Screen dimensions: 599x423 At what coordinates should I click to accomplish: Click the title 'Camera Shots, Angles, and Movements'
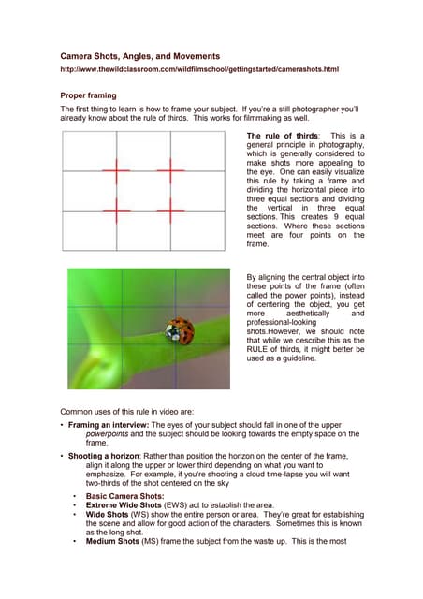click(x=139, y=57)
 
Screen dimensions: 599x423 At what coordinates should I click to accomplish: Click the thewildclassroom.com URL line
click(x=198, y=70)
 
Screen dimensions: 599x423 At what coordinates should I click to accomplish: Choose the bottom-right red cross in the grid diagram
click(x=170, y=212)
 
